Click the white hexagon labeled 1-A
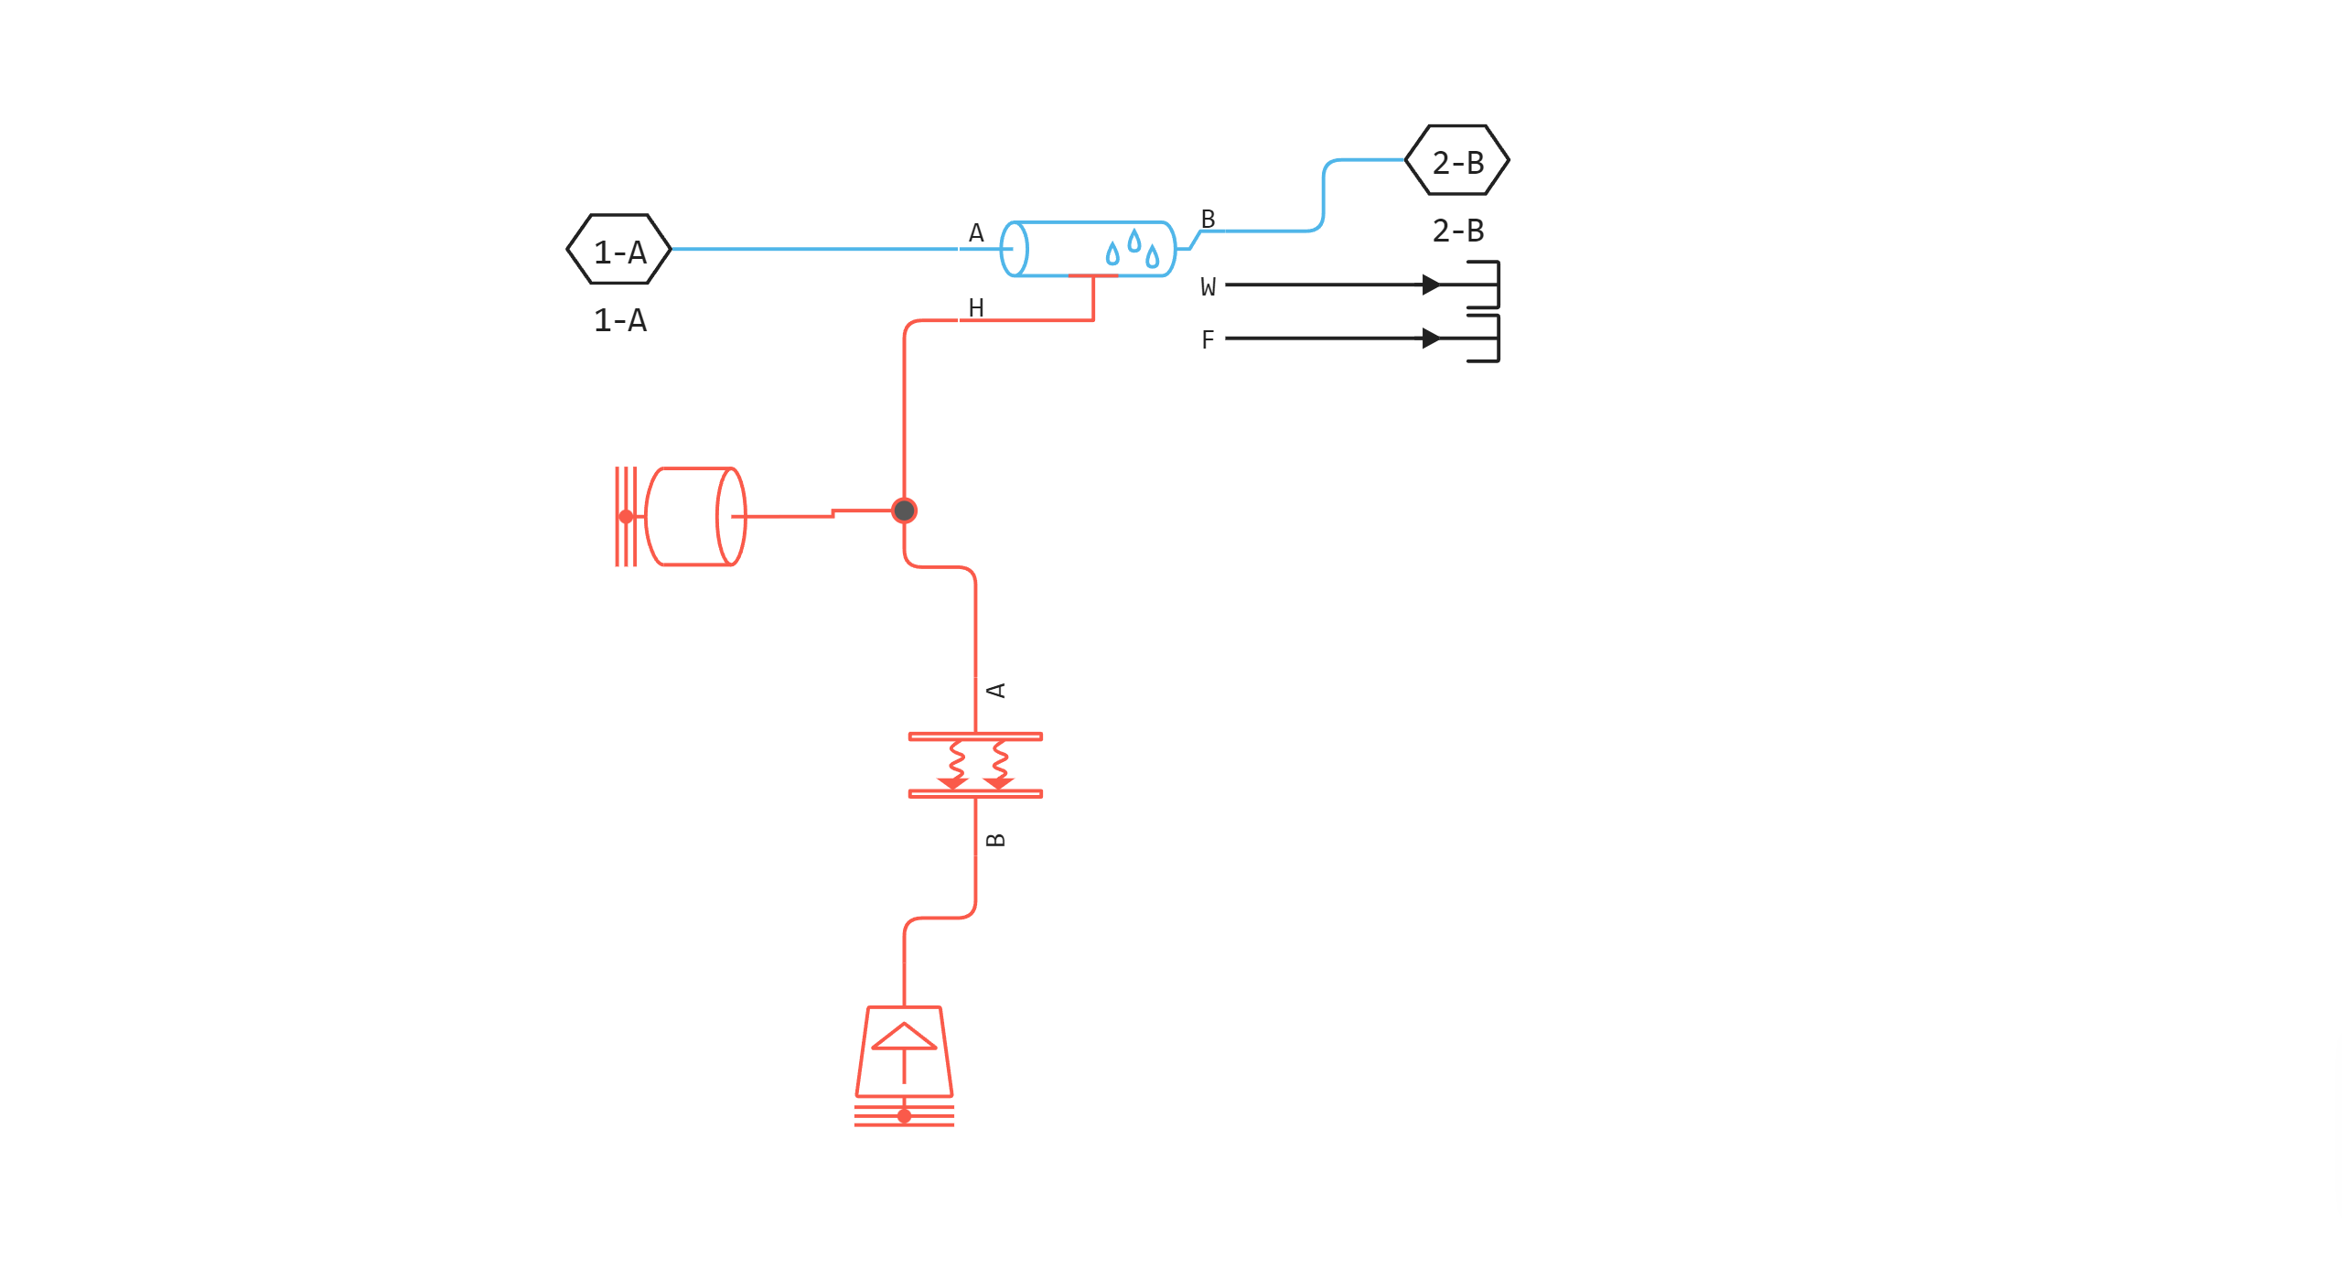pyautogui.click(x=619, y=250)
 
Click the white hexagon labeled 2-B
pyautogui.click(x=1457, y=161)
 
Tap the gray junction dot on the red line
pyautogui.click(x=904, y=511)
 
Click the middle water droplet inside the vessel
pyautogui.click(x=1134, y=241)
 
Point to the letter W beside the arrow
pyautogui.click(x=1209, y=287)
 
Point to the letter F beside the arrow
pyautogui.click(x=1208, y=340)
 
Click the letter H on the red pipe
pyautogui.click(x=976, y=307)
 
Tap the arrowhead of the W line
pyautogui.click(x=1433, y=285)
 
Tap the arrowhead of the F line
pyautogui.click(x=1433, y=339)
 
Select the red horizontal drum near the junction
pyautogui.click(x=695, y=517)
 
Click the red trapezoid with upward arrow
pyautogui.click(x=904, y=1052)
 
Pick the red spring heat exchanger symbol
pyautogui.click(x=975, y=765)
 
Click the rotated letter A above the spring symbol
pyautogui.click(x=997, y=690)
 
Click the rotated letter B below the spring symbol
pyautogui.click(x=996, y=840)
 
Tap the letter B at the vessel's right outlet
pyautogui.click(x=1208, y=219)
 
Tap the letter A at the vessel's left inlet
pyautogui.click(x=976, y=233)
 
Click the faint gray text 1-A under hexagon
pyautogui.click(x=619, y=320)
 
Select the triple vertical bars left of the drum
pyautogui.click(x=626, y=517)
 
